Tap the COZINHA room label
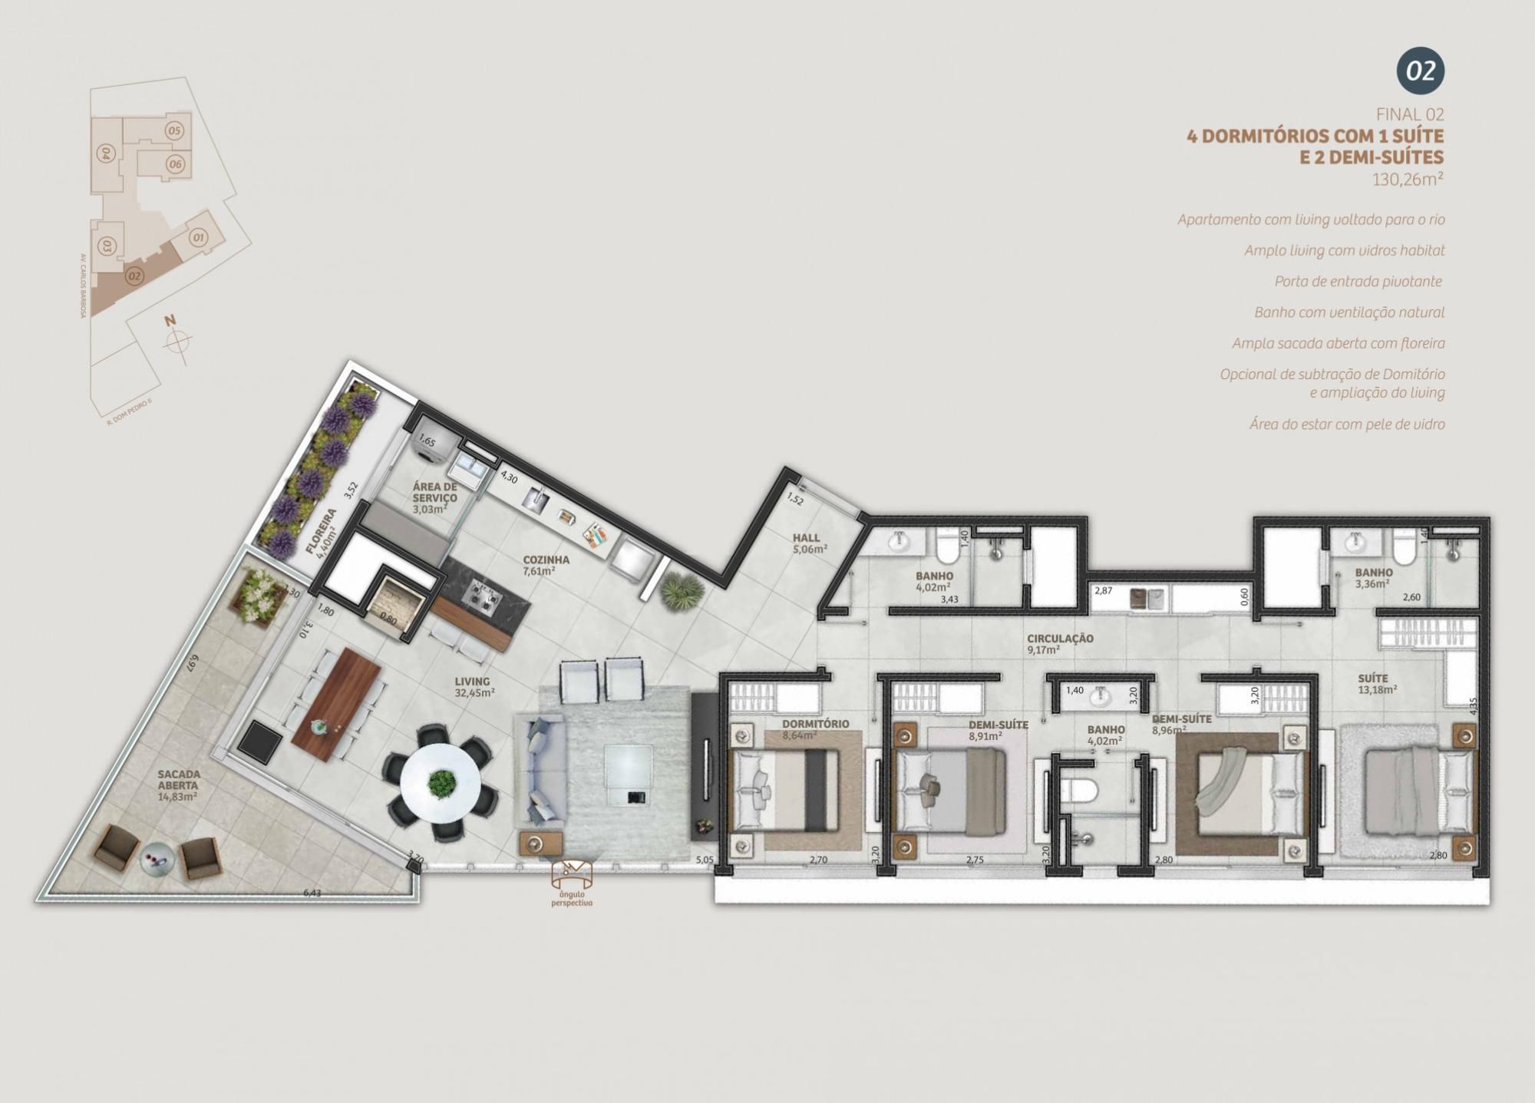pyautogui.click(x=546, y=560)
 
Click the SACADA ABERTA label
pyautogui.click(x=178, y=780)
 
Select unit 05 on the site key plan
pyautogui.click(x=174, y=130)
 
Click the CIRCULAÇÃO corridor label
pyautogui.click(x=1060, y=639)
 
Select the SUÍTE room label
pyautogui.click(x=1372, y=679)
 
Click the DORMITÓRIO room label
pyautogui.click(x=815, y=724)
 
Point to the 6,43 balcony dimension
pyautogui.click(x=312, y=893)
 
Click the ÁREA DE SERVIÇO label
pyautogui.click(x=434, y=492)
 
